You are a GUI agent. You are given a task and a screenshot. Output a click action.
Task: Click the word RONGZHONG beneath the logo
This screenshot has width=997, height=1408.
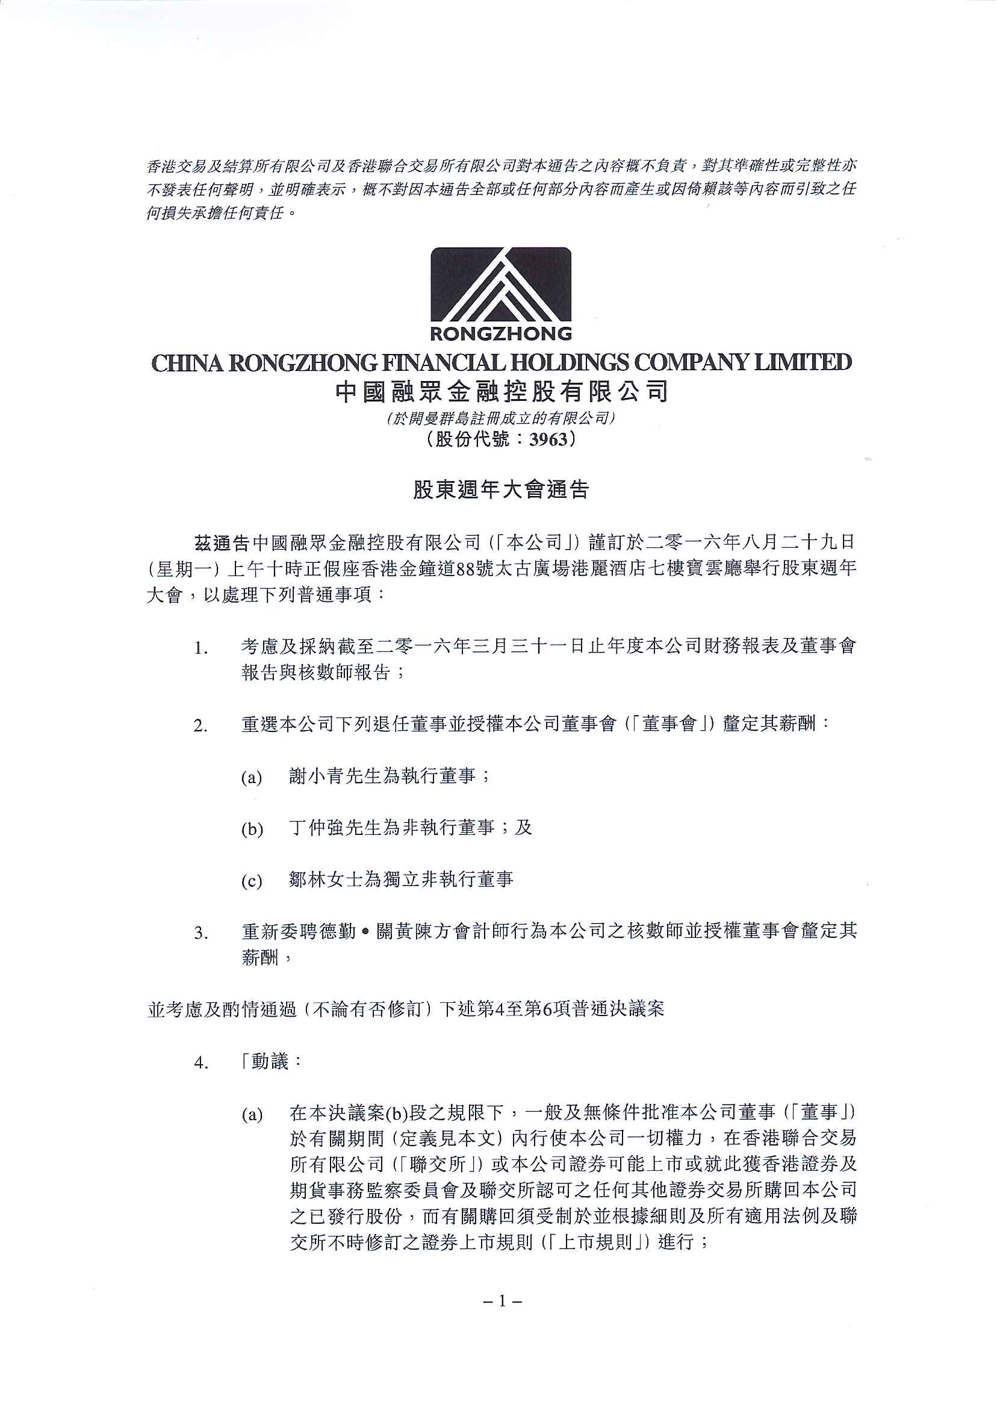pos(500,334)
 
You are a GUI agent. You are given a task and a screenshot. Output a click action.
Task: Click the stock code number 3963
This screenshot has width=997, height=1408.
pos(549,439)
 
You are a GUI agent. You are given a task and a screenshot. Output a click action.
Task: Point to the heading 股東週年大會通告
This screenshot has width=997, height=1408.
pos(500,489)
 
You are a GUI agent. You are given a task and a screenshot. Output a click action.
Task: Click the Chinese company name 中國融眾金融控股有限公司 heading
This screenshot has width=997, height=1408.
pos(501,392)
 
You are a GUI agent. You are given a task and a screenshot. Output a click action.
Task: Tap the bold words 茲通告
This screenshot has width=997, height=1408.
pos(221,543)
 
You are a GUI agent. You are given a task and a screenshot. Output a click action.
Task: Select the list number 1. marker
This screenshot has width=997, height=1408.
pos(200,648)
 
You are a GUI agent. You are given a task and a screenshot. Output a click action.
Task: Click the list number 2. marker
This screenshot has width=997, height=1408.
pos(200,726)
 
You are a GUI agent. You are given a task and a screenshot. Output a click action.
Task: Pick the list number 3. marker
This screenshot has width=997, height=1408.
pos(200,934)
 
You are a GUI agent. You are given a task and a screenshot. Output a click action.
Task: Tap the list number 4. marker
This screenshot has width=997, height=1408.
pos(200,1063)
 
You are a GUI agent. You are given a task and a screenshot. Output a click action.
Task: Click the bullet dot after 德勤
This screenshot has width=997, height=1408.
pos(366,932)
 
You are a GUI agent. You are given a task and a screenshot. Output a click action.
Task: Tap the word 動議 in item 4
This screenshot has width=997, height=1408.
pos(270,1062)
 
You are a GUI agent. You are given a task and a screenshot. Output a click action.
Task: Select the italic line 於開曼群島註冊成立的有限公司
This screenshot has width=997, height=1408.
pos(500,418)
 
